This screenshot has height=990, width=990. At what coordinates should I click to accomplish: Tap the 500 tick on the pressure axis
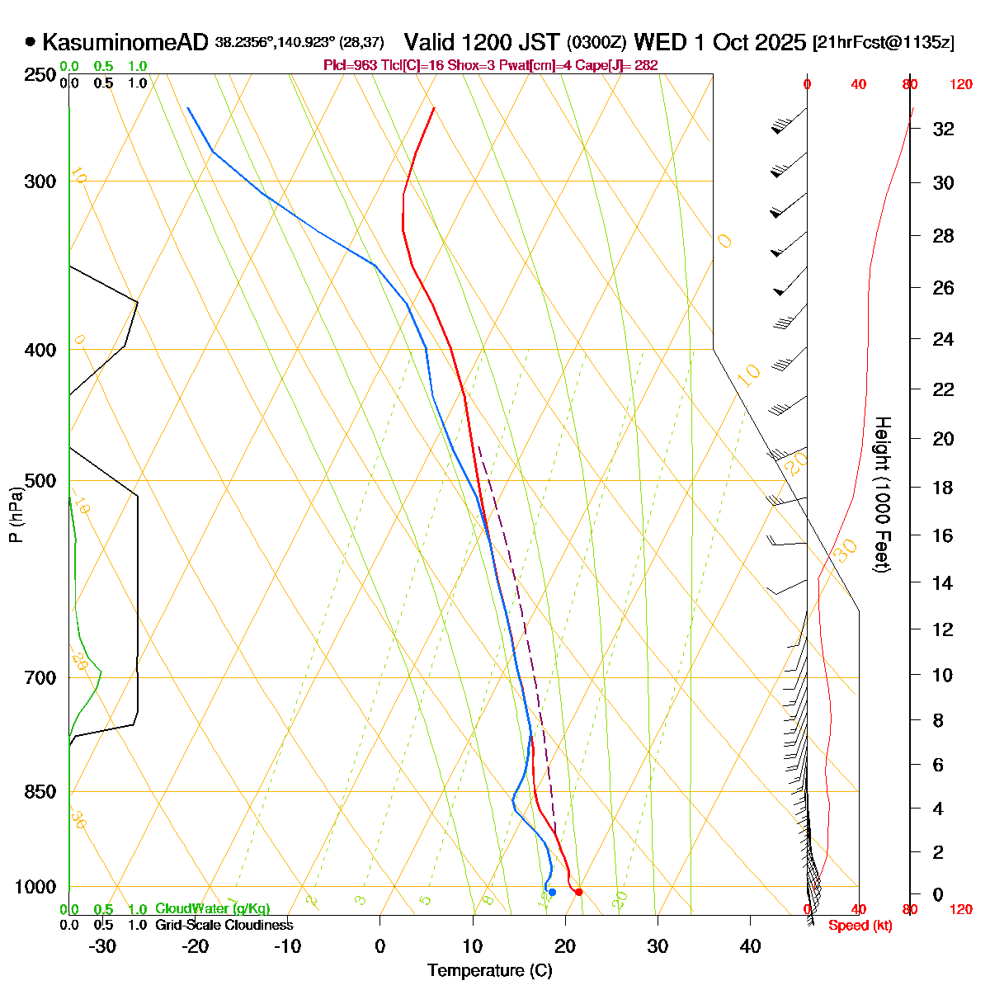coord(40,480)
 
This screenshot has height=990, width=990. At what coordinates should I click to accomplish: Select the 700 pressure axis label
coord(40,677)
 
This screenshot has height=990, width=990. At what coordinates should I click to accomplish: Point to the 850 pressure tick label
coord(40,791)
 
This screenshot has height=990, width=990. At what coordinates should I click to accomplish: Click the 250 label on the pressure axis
coord(40,75)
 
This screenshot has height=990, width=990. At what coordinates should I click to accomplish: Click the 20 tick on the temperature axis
coord(565,945)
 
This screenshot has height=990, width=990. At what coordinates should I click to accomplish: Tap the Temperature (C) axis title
coord(489,970)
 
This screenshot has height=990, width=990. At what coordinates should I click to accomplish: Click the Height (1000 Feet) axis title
coord(882,495)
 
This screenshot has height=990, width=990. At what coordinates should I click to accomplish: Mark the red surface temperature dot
coord(578,892)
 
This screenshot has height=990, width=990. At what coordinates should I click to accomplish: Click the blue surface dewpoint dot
coord(552,892)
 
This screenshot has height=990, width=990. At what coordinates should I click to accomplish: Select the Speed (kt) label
coord(860,926)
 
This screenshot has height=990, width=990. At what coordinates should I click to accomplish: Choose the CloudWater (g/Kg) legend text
coord(212,909)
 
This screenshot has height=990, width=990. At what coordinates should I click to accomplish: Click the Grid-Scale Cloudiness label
coord(224,926)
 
